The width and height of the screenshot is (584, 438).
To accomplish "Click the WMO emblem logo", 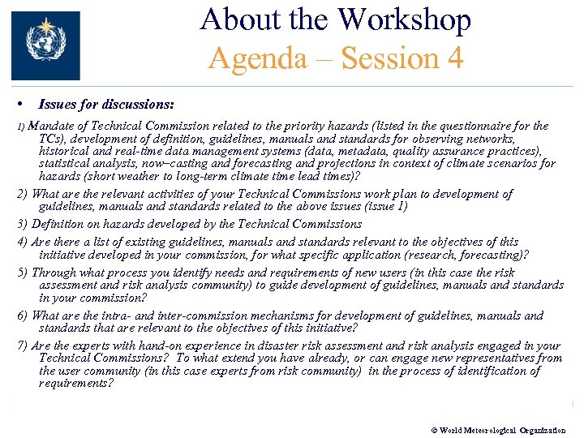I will point(45,45).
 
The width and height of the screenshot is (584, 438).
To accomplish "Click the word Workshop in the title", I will point(405,19).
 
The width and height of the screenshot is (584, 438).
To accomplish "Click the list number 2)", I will point(23,194).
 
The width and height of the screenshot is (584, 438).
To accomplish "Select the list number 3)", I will point(23,224).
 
